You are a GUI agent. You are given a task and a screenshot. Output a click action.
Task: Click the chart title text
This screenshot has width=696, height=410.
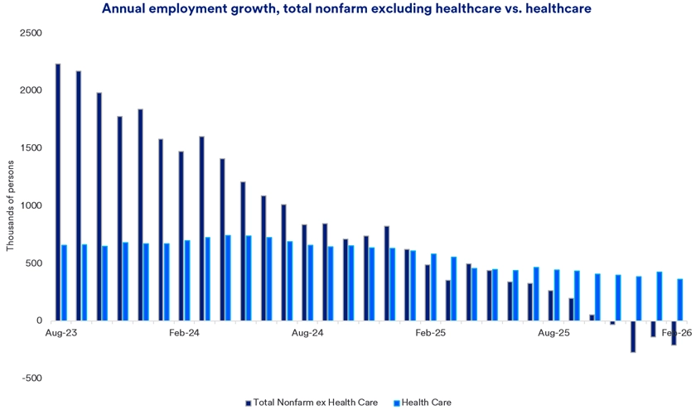(x=348, y=9)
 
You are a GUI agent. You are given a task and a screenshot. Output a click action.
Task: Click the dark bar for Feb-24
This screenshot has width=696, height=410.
(x=181, y=236)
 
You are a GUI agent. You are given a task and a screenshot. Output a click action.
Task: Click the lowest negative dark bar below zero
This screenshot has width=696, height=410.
(x=633, y=336)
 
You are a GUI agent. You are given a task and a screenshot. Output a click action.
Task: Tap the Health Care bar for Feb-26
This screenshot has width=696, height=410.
(x=680, y=300)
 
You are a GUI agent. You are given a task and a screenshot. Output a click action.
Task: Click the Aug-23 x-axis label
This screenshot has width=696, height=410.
(x=60, y=333)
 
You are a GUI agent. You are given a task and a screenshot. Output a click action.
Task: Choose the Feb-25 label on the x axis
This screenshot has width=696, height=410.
(x=430, y=333)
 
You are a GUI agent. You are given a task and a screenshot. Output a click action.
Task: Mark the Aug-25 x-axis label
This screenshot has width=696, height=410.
(x=553, y=333)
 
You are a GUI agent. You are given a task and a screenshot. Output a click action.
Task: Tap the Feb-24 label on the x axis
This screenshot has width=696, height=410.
(x=183, y=333)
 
